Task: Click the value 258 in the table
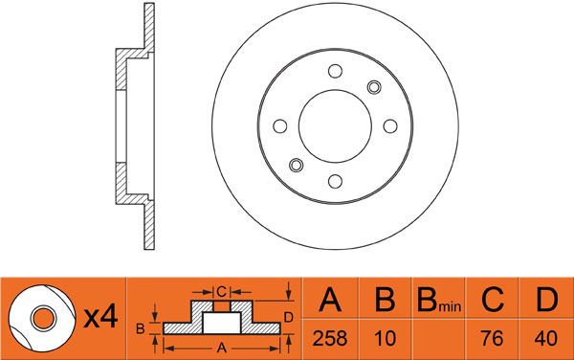tap(330, 338)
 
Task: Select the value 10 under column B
tap(385, 338)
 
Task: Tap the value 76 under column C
tap(492, 338)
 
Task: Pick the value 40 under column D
tap(545, 338)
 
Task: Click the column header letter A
tap(330, 300)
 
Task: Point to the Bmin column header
tap(438, 301)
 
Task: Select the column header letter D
tap(546, 300)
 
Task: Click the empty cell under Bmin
tap(438, 339)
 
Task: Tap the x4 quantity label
tap(100, 317)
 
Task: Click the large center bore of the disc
tap(335, 126)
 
